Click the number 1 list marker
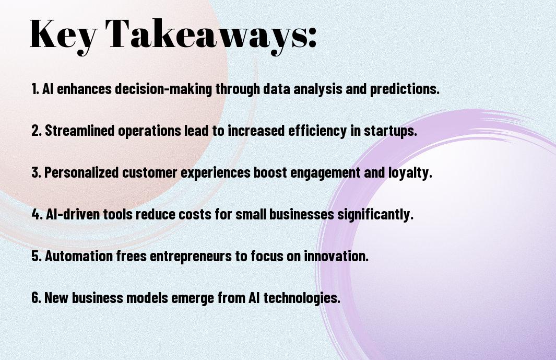35,89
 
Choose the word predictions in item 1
405,89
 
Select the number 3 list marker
36,172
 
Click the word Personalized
81,172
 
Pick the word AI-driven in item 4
73,214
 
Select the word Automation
79,256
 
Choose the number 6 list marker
36,297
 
